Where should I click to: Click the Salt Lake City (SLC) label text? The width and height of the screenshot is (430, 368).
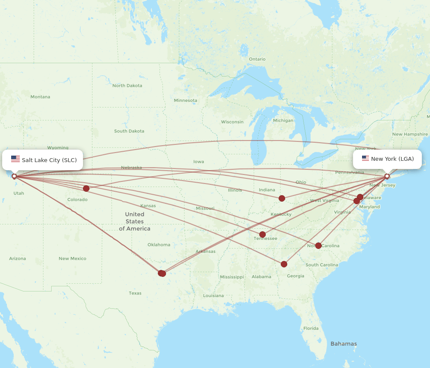pos(49,160)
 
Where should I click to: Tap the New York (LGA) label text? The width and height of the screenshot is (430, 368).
pos(392,159)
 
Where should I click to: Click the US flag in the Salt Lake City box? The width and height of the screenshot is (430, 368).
pos(15,159)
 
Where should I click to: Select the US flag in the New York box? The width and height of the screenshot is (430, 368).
pos(365,158)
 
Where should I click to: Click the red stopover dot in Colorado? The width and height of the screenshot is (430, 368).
pos(86,188)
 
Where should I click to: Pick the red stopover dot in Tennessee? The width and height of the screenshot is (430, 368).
pos(262,235)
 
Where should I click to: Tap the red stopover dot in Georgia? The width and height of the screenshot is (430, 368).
pos(284,264)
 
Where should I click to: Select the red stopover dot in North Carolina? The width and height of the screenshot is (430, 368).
pos(318,245)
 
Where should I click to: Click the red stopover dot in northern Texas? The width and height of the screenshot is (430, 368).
pos(162,273)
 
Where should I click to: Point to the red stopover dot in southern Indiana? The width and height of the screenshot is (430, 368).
pos(282,198)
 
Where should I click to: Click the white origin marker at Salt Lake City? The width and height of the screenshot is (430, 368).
pos(14,176)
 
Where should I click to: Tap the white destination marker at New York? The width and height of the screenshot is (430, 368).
pos(387,176)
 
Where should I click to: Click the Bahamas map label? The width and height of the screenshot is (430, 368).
pos(344,343)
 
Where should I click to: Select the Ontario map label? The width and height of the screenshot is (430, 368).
pos(257,59)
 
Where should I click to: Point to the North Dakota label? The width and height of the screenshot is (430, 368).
pos(127,86)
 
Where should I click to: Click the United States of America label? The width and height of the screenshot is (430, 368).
pos(135,221)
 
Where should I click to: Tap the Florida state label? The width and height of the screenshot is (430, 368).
pos(311,328)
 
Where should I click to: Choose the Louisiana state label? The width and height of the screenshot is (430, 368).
pos(213,295)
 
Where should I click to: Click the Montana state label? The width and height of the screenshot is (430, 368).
pos(40,97)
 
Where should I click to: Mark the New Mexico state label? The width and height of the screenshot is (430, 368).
pos(72,258)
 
